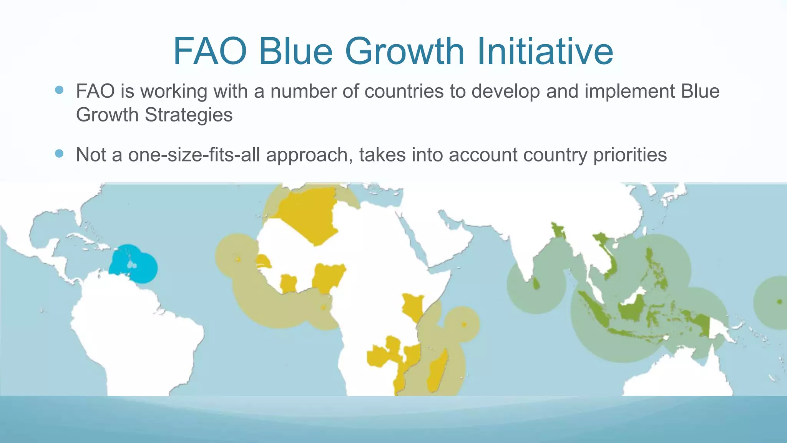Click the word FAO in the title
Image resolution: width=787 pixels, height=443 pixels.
(x=210, y=52)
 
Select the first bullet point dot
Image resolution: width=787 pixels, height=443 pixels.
(x=59, y=90)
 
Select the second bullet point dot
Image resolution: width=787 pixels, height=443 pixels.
(x=59, y=154)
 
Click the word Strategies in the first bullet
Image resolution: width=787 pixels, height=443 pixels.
(x=188, y=115)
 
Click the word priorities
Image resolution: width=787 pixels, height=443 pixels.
(x=630, y=155)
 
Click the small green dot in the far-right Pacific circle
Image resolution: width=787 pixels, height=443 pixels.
(x=779, y=301)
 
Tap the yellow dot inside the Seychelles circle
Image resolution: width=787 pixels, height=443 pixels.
(x=464, y=325)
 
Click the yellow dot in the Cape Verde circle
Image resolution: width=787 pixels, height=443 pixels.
(x=238, y=260)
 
